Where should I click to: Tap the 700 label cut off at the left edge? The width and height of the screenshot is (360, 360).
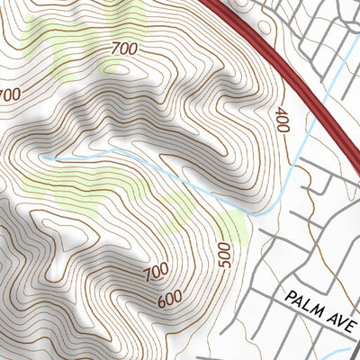click(x=9, y=94)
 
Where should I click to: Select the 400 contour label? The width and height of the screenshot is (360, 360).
click(x=281, y=121)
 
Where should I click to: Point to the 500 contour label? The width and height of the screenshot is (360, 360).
click(x=225, y=256)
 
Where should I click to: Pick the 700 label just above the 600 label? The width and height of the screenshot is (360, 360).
click(x=156, y=270)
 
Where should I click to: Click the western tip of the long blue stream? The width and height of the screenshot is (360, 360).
click(x=42, y=157)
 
